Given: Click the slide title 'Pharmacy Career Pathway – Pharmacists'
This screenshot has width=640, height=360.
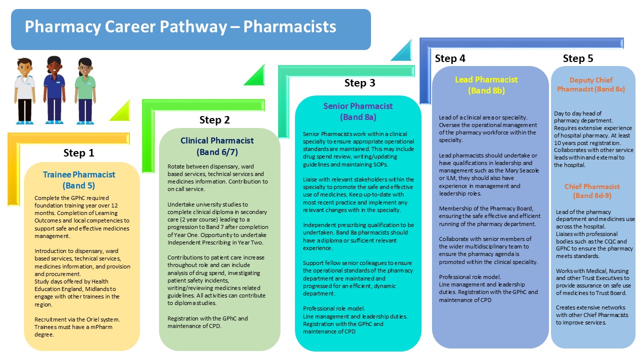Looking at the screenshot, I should pyautogui.click(x=180, y=26).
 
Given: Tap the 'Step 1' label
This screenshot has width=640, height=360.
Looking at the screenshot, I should pyautogui.click(x=78, y=153).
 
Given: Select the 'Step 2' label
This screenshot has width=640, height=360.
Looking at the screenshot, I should pyautogui.click(x=214, y=120).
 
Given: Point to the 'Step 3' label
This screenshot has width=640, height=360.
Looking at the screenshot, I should pyautogui.click(x=359, y=83).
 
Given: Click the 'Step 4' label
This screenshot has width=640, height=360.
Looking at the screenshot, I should pyautogui.click(x=450, y=58).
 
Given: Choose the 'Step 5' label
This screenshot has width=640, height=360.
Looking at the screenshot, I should pyautogui.click(x=578, y=58).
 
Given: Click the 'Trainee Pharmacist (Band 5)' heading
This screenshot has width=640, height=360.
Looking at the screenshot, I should pyautogui.click(x=79, y=180).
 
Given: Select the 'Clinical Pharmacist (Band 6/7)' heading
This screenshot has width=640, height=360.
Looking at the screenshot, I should pyautogui.click(x=217, y=146).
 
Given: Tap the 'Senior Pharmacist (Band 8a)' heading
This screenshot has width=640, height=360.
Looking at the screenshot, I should pyautogui.click(x=358, y=111).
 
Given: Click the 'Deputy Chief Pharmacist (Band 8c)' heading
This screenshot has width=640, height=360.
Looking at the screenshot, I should pyautogui.click(x=591, y=84).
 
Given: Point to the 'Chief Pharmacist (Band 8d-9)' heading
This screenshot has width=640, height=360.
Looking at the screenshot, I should pyautogui.click(x=592, y=191).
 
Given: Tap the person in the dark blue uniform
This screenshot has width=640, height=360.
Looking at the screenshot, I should pyautogui.click(x=54, y=90).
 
